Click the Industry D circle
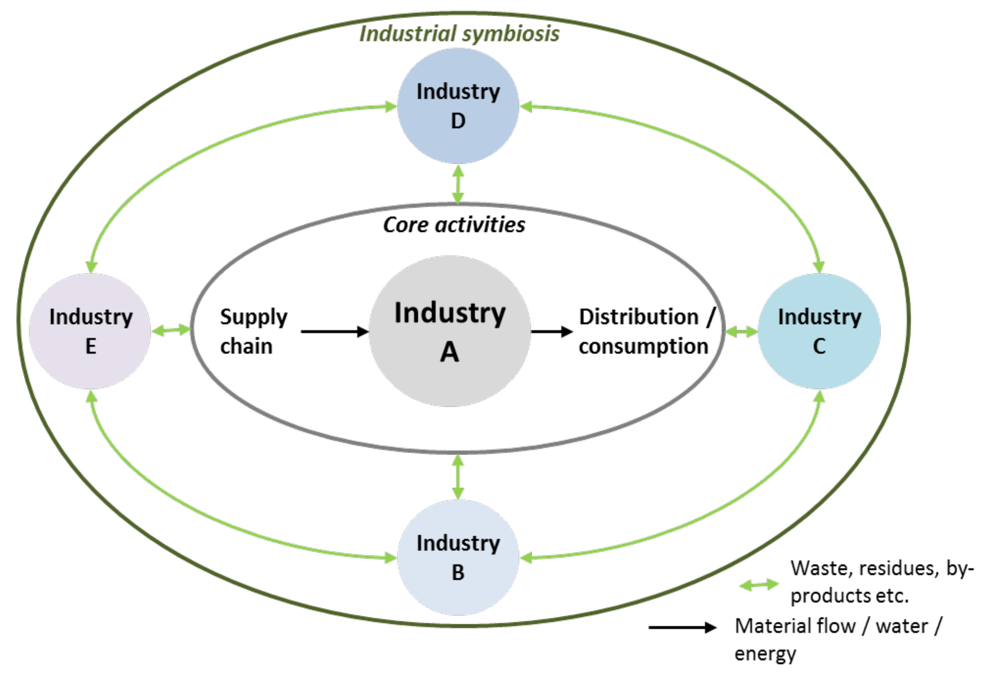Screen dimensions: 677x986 coord(458,106)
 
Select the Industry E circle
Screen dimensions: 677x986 coord(90,331)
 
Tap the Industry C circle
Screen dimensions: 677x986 coord(819,331)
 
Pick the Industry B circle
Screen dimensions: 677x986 coord(458,557)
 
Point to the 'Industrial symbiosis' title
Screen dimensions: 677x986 coord(459,34)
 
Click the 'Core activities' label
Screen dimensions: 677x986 coord(454,225)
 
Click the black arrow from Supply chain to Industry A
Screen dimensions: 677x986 coord(334,331)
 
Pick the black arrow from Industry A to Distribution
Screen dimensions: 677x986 coord(551,331)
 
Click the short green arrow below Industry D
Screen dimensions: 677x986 coord(458,184)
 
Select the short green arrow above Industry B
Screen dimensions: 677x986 coord(458,476)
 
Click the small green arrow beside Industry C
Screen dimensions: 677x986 coord(741,331)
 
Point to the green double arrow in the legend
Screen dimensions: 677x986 coord(759,585)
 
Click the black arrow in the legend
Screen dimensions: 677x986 coord(682,627)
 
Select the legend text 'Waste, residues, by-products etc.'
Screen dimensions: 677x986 coord(881,581)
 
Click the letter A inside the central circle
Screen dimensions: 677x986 coord(449,352)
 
